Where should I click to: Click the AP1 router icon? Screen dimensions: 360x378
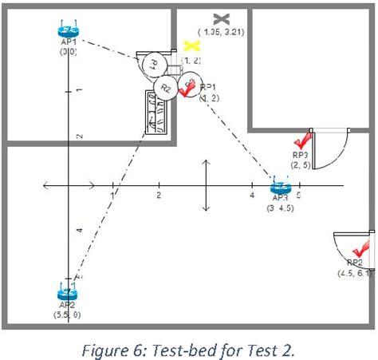[67, 32]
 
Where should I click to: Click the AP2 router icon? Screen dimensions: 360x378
[66, 291]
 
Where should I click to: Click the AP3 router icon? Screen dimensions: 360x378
[279, 184]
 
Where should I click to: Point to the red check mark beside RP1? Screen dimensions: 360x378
[187, 89]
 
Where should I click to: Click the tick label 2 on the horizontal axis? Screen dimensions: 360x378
[159, 195]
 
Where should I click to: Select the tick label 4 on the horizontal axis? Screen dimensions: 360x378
[252, 195]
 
